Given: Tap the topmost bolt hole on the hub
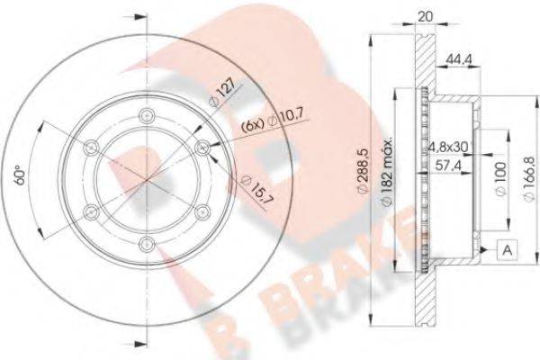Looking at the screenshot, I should (x=145, y=114).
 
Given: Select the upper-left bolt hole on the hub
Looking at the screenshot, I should (x=91, y=145).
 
